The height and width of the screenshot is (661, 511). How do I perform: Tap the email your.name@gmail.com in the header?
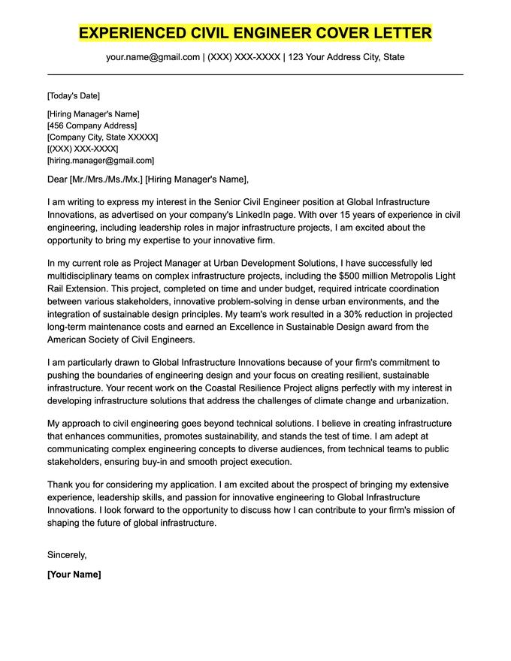coord(153,57)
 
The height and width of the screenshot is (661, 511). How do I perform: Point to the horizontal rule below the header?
coord(255,74)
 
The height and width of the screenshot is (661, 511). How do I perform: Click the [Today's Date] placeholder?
coord(73,95)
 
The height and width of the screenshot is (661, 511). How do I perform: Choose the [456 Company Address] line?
coord(92,125)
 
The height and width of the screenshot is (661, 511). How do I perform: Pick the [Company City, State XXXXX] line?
coord(102,137)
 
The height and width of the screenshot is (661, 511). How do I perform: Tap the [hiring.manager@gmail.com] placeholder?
coord(100,161)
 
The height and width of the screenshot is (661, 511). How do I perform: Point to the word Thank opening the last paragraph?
coord(61,485)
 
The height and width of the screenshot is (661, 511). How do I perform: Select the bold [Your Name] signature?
coord(74,574)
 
